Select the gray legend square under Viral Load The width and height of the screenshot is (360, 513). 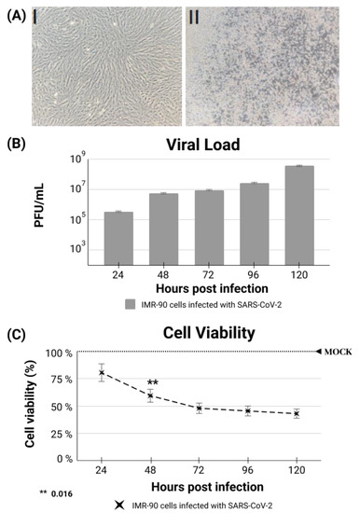[132, 303]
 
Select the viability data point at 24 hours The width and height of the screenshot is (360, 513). [101, 372]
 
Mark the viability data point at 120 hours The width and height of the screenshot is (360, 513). [297, 413]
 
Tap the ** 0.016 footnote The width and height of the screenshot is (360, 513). [56, 492]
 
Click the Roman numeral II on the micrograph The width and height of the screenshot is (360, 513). [196, 17]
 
